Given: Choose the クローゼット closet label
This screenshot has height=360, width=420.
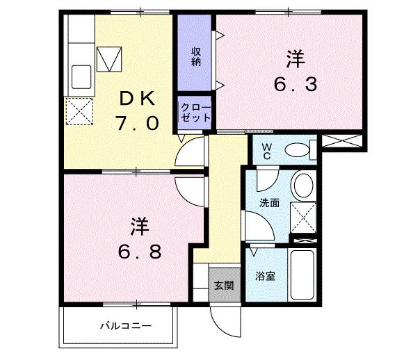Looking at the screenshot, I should [x=195, y=112].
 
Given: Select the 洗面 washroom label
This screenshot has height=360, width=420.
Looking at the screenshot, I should [x=269, y=204].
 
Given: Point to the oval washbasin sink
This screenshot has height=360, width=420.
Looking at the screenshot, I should [x=303, y=186].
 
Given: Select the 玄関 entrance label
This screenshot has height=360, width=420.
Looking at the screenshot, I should [x=223, y=285].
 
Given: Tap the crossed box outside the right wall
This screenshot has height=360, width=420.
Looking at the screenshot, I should [x=343, y=141].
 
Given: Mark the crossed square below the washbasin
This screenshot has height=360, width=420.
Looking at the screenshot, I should [x=303, y=217].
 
